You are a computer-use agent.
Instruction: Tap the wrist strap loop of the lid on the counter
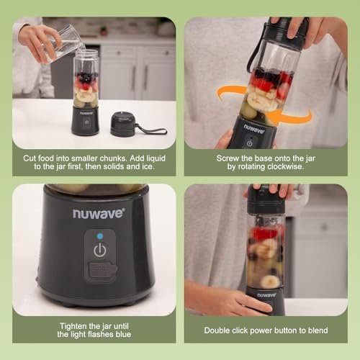coord(154,130)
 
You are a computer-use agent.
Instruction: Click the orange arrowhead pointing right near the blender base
coord(302,115)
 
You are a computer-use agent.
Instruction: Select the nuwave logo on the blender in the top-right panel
coord(253,127)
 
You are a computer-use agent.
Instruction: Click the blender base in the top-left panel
coord(85,121)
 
